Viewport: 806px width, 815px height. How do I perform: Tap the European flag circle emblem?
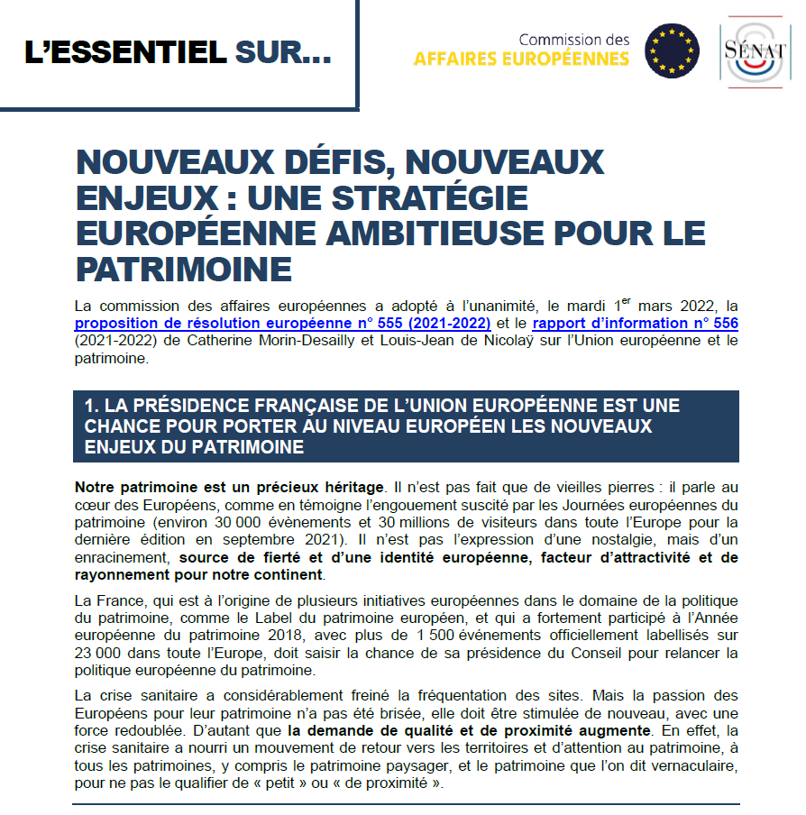point(672,50)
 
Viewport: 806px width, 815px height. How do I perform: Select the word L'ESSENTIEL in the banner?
point(124,53)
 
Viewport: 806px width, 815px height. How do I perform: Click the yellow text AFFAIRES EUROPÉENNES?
point(521,60)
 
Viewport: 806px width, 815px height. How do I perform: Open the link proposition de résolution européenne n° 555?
point(282,323)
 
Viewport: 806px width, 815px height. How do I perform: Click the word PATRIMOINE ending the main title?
point(184,269)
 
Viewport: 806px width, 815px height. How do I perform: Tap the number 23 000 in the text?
point(98,653)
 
